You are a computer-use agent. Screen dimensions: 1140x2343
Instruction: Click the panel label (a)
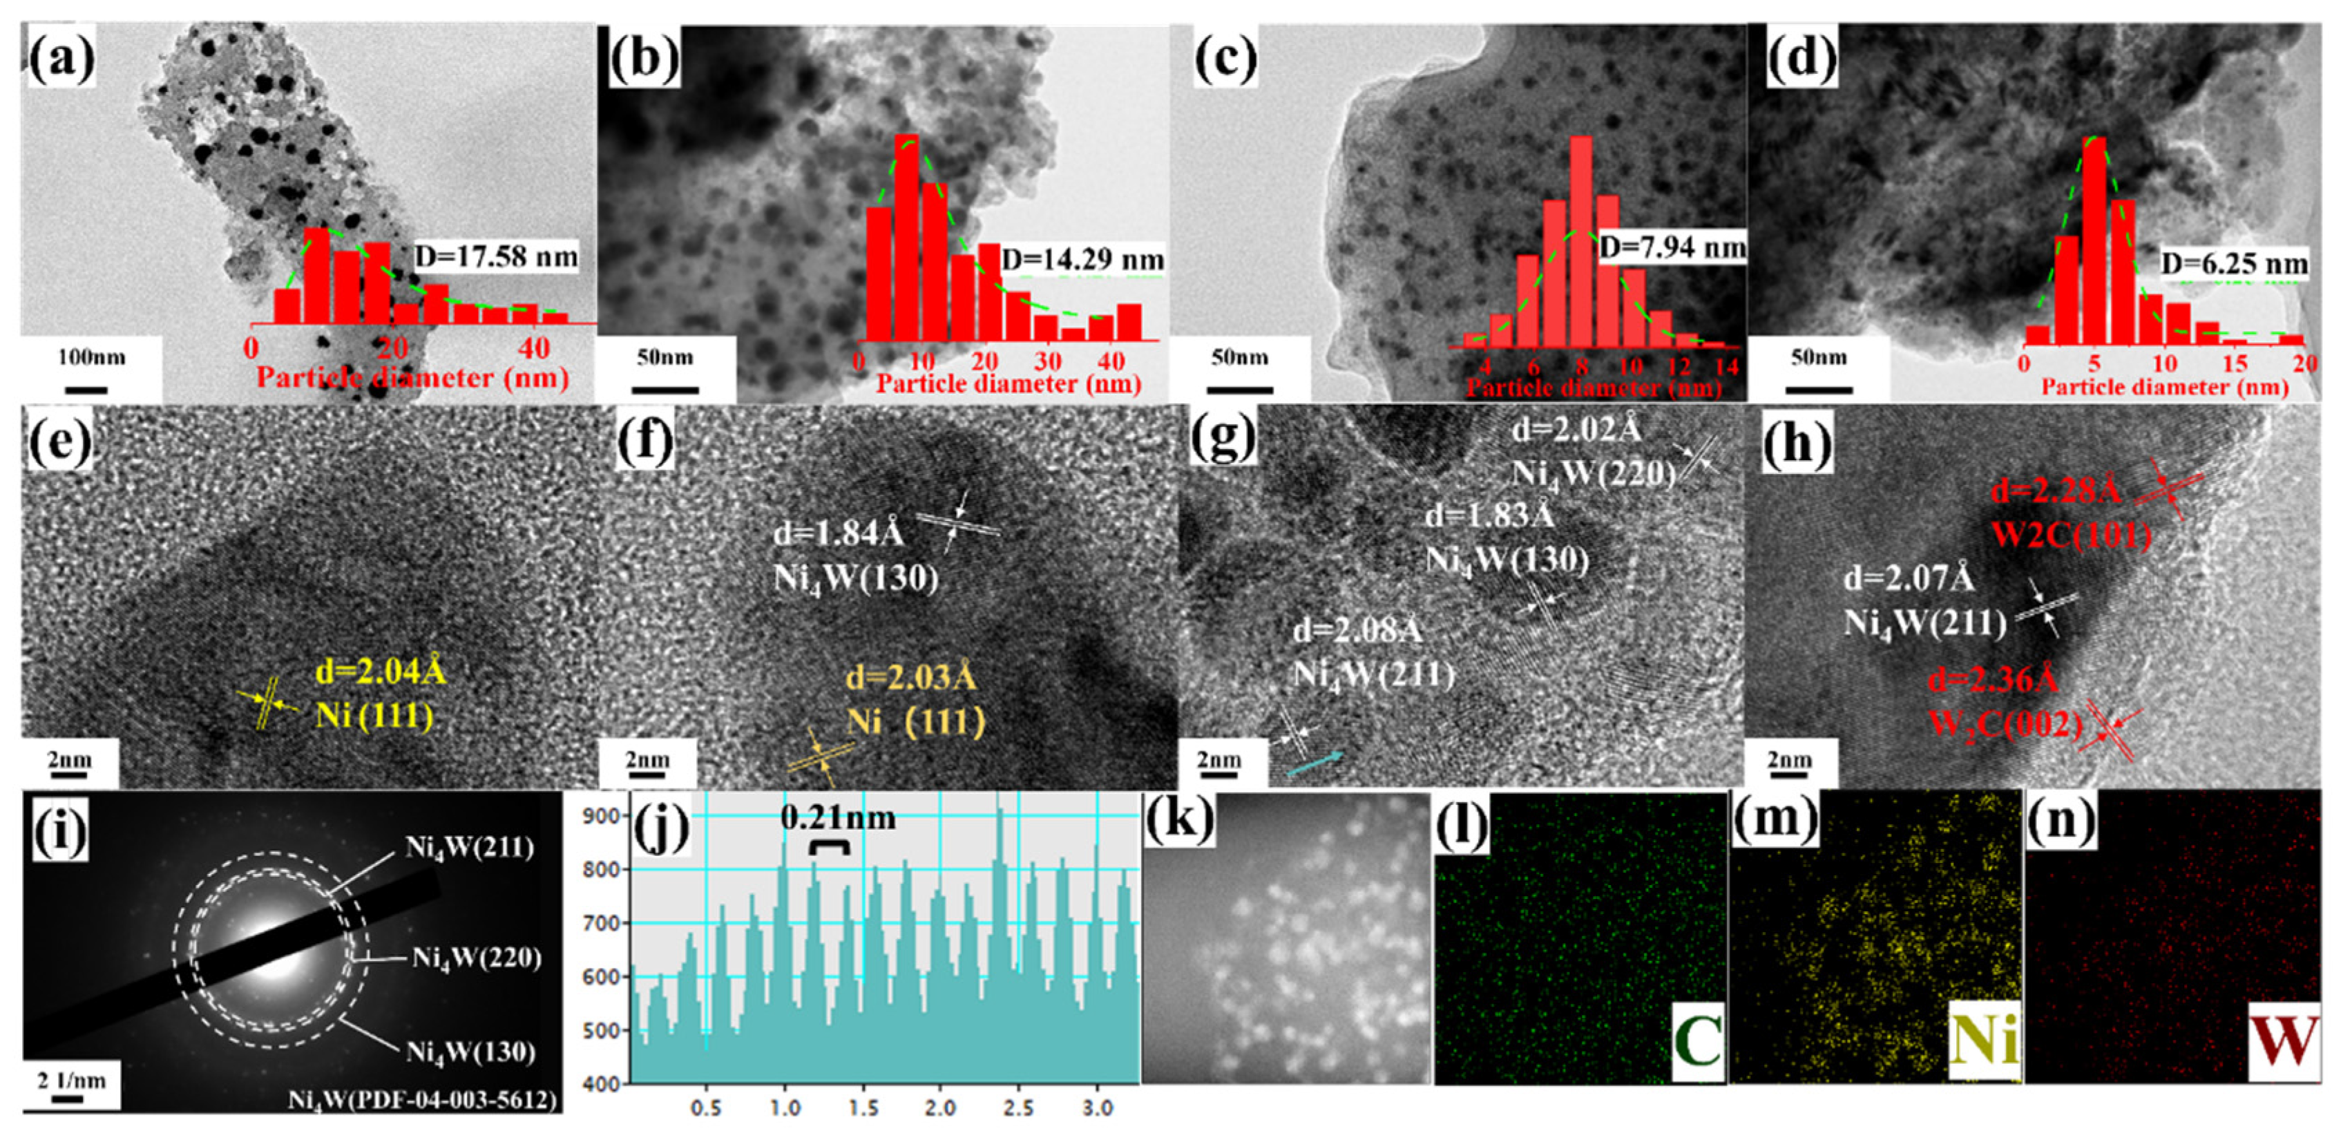point(61,60)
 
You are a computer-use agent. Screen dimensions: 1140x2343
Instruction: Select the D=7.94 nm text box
point(1672,247)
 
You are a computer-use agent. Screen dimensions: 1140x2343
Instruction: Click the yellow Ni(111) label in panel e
point(375,716)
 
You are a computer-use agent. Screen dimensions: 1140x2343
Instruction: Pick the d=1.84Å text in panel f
point(838,533)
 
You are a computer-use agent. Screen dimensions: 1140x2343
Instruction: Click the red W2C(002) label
point(2005,723)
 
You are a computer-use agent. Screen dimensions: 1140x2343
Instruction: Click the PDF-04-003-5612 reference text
point(422,1099)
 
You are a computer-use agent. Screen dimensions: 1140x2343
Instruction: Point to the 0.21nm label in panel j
point(836,817)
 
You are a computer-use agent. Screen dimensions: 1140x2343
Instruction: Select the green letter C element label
point(1697,1042)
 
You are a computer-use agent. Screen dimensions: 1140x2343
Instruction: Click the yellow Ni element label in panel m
point(1985,1042)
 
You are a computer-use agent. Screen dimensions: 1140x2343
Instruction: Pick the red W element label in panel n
point(2283,1042)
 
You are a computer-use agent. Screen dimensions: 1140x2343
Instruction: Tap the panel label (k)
point(1179,819)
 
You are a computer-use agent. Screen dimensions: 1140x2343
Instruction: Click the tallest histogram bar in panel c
point(1581,241)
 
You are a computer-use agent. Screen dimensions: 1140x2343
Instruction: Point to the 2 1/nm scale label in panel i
point(71,1080)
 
